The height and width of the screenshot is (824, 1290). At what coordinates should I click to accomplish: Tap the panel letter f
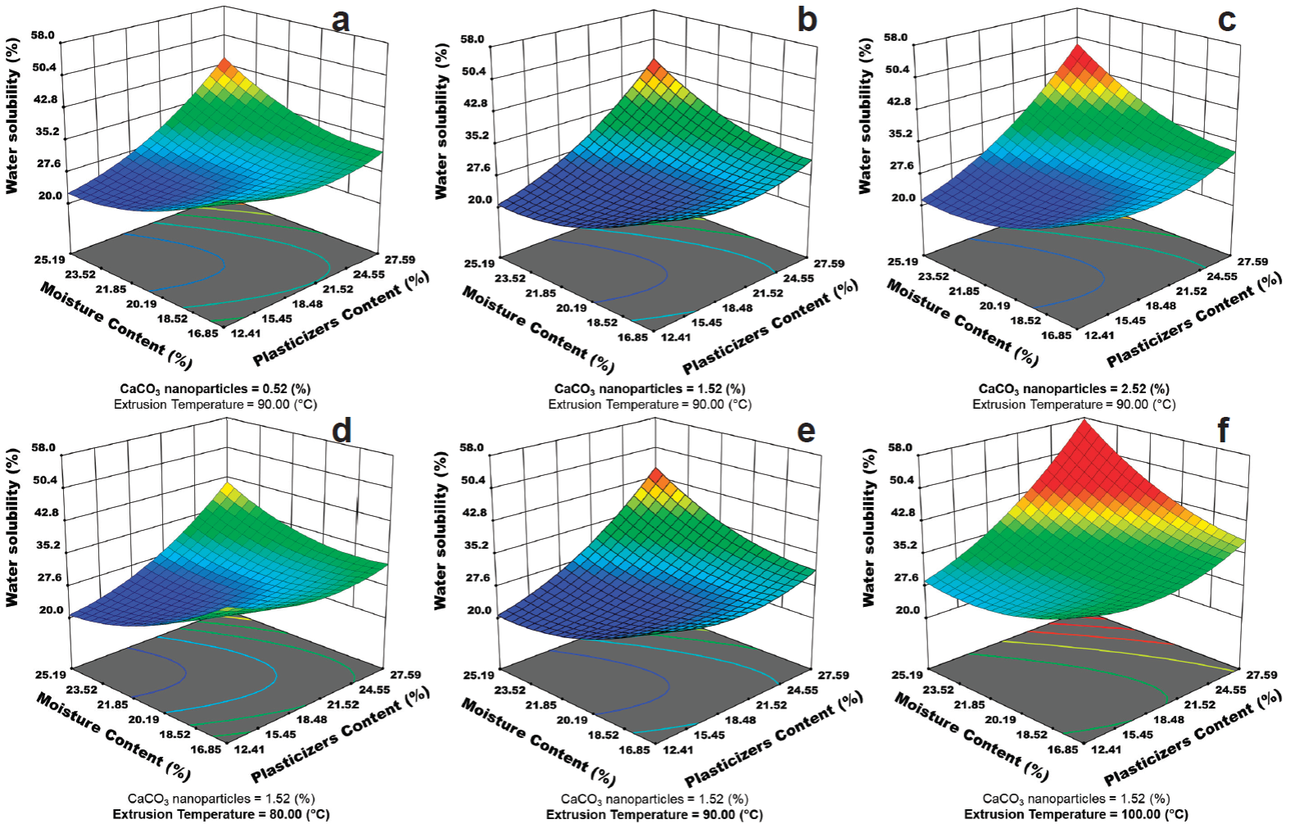(1223, 428)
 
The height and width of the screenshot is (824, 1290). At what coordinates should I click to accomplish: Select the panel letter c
(1226, 19)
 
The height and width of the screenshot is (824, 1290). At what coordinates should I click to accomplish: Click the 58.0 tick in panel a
(44, 35)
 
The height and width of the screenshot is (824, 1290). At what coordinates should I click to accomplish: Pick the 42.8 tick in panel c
(898, 102)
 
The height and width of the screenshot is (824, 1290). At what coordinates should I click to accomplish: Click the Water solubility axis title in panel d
(12, 529)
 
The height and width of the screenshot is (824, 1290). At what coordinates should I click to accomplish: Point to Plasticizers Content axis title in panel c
(1193, 320)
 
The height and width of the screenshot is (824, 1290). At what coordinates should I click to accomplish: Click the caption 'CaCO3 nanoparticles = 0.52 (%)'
(215, 389)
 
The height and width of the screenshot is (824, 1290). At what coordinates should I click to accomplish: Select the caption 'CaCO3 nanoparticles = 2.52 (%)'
(1074, 389)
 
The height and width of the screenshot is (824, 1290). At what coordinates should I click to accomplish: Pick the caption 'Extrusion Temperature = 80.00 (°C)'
(221, 814)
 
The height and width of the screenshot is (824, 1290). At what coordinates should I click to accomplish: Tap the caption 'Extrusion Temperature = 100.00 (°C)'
(1075, 814)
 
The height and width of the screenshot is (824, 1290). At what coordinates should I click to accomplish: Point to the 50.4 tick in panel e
(473, 480)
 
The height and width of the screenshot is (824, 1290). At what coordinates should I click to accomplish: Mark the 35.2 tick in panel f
(899, 545)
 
